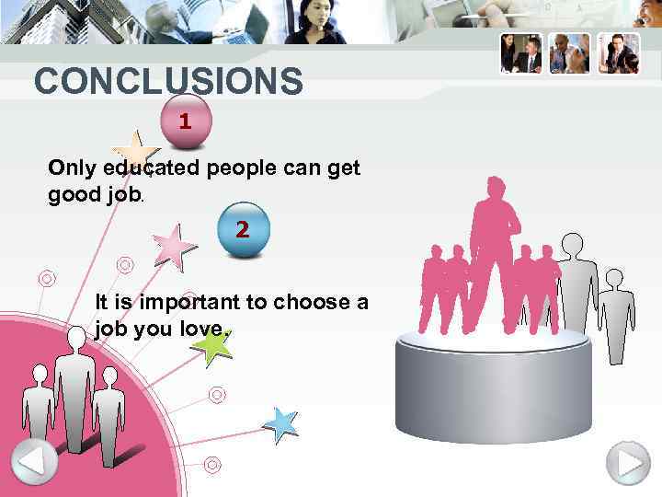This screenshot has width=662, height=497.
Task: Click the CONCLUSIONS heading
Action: pos(168,82)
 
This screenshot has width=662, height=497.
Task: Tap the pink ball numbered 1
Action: pos(187,121)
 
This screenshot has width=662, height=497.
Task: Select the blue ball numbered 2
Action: pos(242,229)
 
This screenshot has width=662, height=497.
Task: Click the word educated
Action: pos(153,168)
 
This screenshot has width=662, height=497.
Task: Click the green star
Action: pos(213,346)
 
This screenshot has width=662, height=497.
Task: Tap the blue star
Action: pos(280,423)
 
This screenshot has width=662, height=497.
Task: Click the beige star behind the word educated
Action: pos(134,155)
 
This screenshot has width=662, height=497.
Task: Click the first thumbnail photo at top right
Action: pos(520,53)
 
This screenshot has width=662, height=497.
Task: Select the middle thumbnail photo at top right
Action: pos(569,53)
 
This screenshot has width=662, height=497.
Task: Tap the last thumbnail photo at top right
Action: pos(618,53)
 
